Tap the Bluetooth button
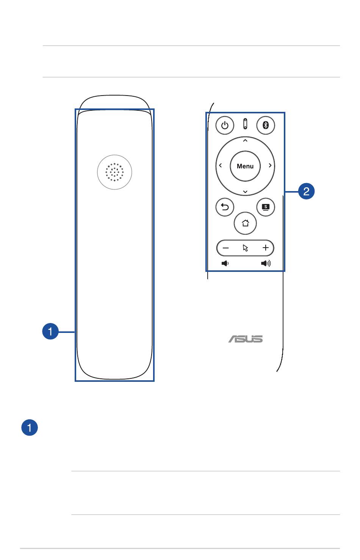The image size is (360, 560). pos(266,125)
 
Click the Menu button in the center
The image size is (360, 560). pos(245,166)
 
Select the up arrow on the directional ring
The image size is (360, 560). pos(245,141)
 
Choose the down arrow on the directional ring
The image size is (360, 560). pos(245,191)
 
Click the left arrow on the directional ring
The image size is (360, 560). pos(220,166)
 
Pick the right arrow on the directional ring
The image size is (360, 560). pos(270,166)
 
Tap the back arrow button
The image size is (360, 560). pos(225,207)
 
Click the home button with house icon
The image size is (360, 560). pos(245,223)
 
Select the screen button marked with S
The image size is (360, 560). pos(266,207)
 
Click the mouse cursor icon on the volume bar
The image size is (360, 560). pos(245,248)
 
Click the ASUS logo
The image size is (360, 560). pos(245,339)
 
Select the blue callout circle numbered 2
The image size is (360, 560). pos(306,191)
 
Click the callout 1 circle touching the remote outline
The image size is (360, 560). pos(50,332)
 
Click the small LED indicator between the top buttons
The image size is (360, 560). pos(245,124)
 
